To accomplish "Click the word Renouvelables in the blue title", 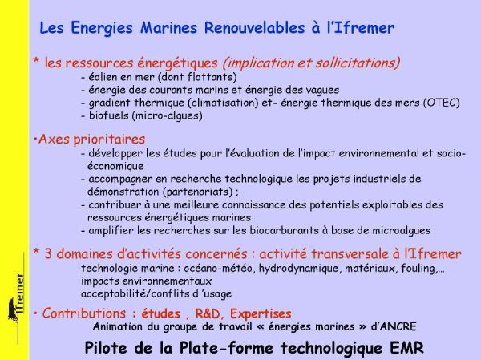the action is [x=254, y=27].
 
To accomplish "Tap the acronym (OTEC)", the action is [x=442, y=103].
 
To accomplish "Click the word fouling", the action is [x=418, y=269].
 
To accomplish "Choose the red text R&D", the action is [x=208, y=313].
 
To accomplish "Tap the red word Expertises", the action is [x=261, y=314].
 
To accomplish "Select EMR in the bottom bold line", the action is [x=406, y=348].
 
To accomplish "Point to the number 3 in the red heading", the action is [x=48, y=254].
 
